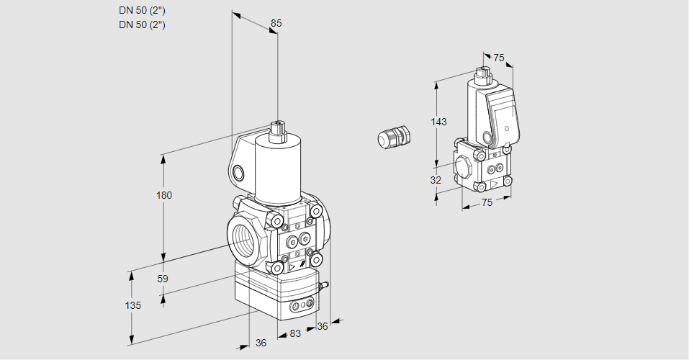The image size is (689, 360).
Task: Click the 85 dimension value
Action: (x=276, y=23)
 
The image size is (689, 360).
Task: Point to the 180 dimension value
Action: (x=164, y=195)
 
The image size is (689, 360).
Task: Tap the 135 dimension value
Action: (x=132, y=305)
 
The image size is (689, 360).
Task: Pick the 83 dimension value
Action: (x=294, y=333)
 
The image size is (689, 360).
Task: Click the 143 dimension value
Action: (x=438, y=122)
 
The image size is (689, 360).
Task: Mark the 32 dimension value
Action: (x=436, y=180)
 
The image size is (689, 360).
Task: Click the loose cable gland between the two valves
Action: (x=394, y=137)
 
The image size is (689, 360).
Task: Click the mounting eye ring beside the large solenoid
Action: (x=238, y=172)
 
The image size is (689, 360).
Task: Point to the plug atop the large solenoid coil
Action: (x=278, y=131)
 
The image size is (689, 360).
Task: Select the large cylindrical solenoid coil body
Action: (x=277, y=169)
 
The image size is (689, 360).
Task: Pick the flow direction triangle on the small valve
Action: (x=493, y=184)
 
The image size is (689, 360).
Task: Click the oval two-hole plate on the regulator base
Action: (x=297, y=307)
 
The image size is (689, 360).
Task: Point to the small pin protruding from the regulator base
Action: (x=324, y=286)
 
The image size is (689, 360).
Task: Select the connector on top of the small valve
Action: (x=483, y=74)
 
